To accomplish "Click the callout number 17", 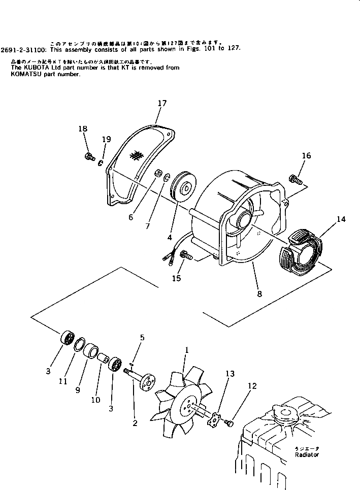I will pyautogui.click(x=161, y=104).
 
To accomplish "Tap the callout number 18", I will pyautogui.click(x=83, y=129).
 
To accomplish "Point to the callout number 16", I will pyautogui.click(x=306, y=156).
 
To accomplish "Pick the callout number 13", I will pyautogui.click(x=230, y=374).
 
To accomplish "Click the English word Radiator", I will pyautogui.click(x=307, y=455).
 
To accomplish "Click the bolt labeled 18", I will pyautogui.click(x=89, y=157).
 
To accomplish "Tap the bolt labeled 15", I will pyautogui.click(x=186, y=256).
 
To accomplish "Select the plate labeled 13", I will pyautogui.click(x=217, y=419).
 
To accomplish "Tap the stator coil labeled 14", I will pyautogui.click(x=301, y=251).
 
